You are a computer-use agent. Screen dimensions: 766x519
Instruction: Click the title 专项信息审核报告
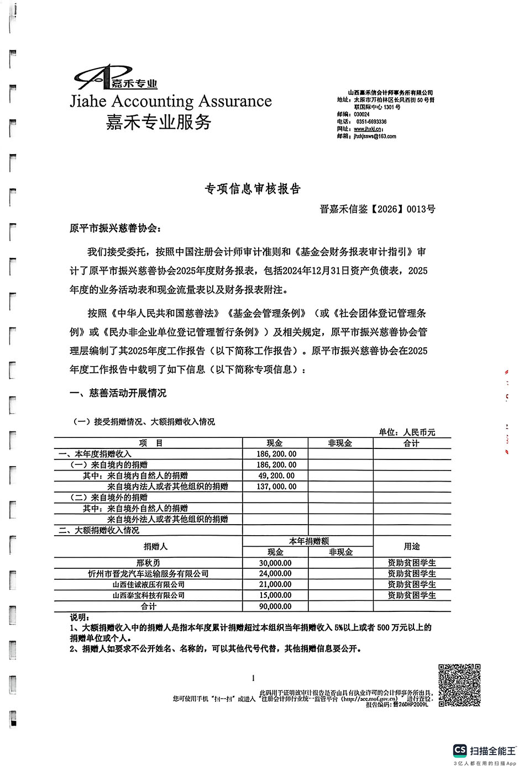[253, 189]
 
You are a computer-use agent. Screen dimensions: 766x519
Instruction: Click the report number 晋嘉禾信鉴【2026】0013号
[378, 209]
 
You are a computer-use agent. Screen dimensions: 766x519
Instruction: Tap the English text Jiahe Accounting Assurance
[171, 101]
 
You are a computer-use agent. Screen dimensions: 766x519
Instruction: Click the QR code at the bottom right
[459, 685]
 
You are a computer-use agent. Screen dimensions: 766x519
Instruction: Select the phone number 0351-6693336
[371, 121]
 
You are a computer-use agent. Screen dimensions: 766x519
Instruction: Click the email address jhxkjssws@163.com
[375, 136]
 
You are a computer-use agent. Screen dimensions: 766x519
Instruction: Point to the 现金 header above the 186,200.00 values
[275, 443]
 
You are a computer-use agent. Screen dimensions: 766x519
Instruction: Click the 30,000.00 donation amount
[275, 563]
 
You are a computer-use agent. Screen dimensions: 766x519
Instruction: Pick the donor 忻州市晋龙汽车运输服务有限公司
[148, 574]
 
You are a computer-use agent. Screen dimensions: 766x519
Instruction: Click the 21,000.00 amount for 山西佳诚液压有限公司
[275, 584]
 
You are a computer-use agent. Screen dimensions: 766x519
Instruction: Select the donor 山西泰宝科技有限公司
[148, 595]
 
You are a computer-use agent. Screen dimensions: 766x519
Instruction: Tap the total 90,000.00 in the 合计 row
[275, 606]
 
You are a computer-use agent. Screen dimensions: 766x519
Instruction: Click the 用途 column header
[412, 546]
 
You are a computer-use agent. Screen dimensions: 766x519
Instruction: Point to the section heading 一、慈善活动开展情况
[118, 393]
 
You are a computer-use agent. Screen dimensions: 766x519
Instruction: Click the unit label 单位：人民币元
[407, 432]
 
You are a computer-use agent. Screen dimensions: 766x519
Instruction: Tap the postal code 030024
[361, 114]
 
